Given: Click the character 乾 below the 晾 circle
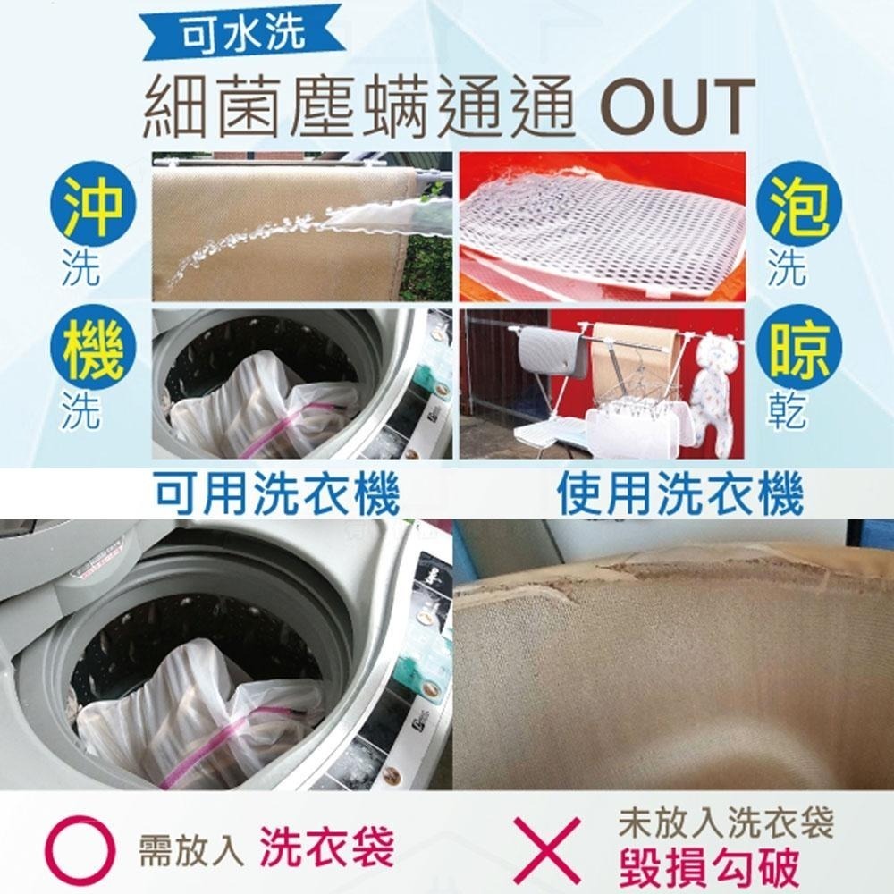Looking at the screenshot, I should [x=787, y=411].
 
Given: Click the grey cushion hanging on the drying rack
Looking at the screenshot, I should [x=547, y=353].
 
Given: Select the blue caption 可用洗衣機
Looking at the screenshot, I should [x=277, y=494].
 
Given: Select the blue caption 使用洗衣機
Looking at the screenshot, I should [x=679, y=494].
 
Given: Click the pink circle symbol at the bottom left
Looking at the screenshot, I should [x=80, y=848].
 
